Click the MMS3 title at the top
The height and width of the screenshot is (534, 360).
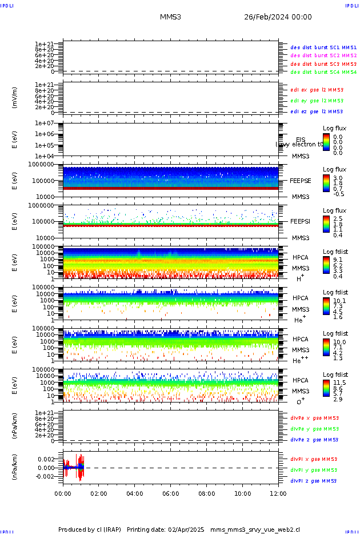coord(170,17)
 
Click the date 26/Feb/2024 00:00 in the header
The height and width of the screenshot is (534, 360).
coord(278,17)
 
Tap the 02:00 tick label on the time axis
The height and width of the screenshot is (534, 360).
coord(99,493)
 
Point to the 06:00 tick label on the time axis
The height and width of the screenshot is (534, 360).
coord(171,493)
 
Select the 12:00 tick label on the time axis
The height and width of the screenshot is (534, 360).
coord(278,493)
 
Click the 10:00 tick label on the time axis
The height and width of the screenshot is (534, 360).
coord(242,493)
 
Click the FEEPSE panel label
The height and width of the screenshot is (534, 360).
coord(301,180)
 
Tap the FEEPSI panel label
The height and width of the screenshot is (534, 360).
coord(301,221)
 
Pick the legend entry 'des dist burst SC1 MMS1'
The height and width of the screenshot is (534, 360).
coord(323,47)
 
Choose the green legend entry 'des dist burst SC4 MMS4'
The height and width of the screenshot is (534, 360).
coord(323,73)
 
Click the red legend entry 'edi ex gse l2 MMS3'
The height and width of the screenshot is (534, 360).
coord(317,90)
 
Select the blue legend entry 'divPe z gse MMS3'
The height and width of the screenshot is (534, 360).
coord(314,440)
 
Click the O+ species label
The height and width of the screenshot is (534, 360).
coord(300,401)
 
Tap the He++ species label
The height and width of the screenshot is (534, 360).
coord(300,360)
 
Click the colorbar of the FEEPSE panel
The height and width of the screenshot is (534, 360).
coord(326,182)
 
